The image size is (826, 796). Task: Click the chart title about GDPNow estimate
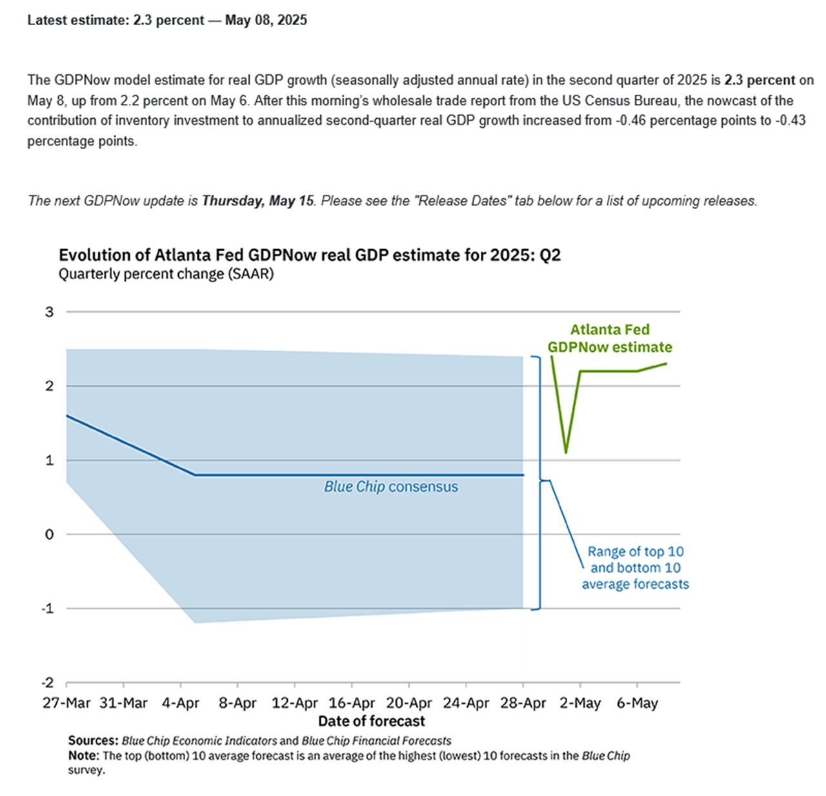tap(310, 255)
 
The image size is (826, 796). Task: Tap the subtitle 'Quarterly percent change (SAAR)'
tap(166, 274)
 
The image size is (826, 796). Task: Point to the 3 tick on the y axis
tap(50, 312)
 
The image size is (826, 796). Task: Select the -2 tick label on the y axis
tap(48, 683)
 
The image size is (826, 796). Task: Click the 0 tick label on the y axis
tap(50, 535)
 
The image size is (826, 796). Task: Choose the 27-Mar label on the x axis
tap(66, 704)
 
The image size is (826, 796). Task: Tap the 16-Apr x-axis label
tap(352, 704)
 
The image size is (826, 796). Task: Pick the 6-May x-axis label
tap(637, 704)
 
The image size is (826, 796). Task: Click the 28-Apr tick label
tap(523, 704)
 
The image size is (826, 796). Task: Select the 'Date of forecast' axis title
tap(372, 721)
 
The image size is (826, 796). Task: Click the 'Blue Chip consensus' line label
tap(391, 487)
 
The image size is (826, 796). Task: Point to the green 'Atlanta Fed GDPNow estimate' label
tap(610, 338)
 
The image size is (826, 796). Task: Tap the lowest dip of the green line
tap(566, 452)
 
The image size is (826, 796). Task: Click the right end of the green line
tap(667, 363)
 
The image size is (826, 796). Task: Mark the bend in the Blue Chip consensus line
tap(195, 475)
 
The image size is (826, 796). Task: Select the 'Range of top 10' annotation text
tap(636, 552)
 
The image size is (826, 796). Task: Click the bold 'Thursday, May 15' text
tap(257, 201)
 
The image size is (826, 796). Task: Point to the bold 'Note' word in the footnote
tap(83, 756)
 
